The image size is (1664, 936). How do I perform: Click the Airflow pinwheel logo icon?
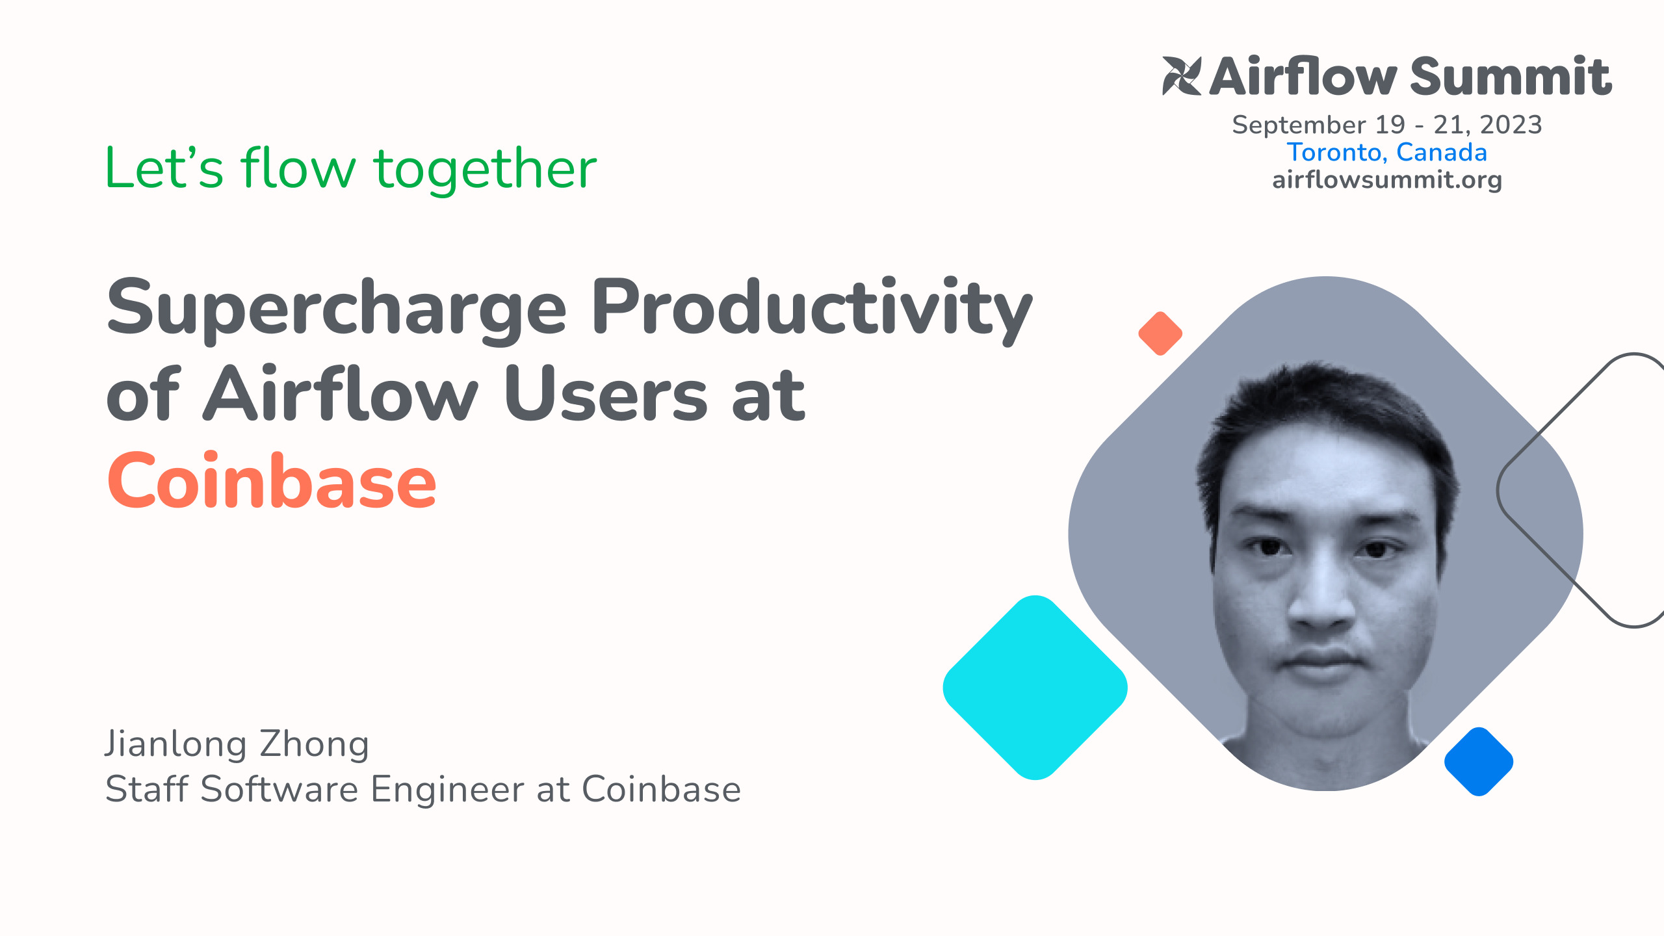point(1181,76)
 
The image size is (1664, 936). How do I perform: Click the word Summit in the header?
point(1511,76)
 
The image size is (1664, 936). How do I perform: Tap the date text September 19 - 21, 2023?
point(1386,124)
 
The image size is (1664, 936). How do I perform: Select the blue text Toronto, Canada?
point(1386,152)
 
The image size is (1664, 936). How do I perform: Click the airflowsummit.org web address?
point(1386,179)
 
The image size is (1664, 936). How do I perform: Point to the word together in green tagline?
point(485,169)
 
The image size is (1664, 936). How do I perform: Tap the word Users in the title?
point(606,395)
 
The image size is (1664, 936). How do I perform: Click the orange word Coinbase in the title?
point(272,481)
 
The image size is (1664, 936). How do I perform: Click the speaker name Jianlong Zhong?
point(237,744)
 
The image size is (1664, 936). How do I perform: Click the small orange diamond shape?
point(1160,333)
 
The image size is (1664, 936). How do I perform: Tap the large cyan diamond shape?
point(1035,688)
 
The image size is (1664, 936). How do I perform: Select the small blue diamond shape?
point(1479,761)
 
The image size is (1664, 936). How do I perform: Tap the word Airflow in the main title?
point(341,395)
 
